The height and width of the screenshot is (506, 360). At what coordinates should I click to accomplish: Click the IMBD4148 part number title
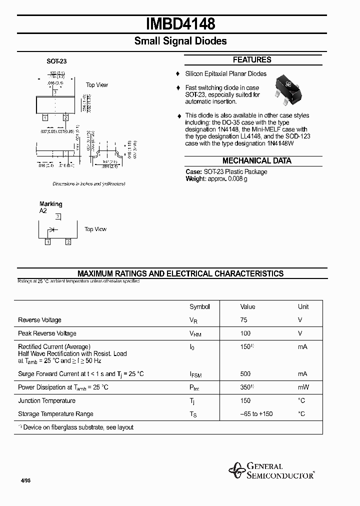(180, 23)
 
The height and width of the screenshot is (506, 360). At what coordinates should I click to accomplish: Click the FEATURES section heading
(252, 60)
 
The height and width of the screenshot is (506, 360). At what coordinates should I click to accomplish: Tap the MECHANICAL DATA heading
(256, 161)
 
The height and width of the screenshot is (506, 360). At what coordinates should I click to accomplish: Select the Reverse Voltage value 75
(244, 320)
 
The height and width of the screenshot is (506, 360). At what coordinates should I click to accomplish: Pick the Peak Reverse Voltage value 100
(245, 333)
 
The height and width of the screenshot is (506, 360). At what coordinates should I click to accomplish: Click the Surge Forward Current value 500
(245, 374)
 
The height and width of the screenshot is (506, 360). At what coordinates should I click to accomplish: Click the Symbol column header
(199, 307)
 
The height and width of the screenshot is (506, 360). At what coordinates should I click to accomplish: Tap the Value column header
(247, 307)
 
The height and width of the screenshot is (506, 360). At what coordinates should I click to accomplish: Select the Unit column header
(303, 307)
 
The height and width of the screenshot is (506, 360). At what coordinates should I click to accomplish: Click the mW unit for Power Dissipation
(303, 387)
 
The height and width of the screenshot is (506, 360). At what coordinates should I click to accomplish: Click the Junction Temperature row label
(46, 401)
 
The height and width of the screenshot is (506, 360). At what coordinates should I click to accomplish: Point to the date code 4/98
(25, 480)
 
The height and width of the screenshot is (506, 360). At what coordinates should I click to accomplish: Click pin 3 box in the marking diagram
(58, 216)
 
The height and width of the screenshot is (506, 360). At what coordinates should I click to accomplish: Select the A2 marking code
(43, 211)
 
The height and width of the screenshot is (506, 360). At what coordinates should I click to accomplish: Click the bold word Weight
(195, 179)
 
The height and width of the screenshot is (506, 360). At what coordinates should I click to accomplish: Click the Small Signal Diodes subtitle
(180, 41)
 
